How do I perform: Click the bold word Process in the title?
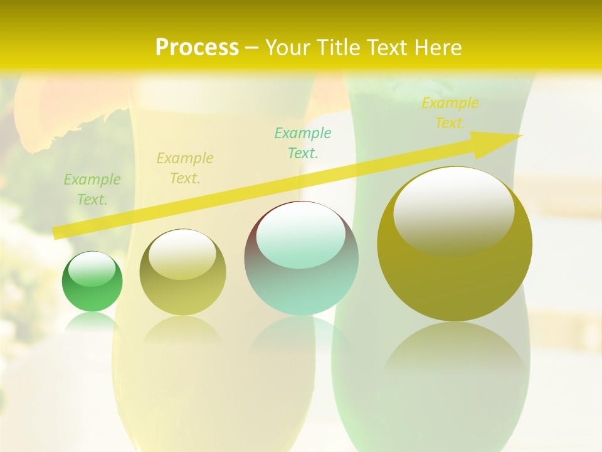[197, 48]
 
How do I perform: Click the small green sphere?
[92, 282]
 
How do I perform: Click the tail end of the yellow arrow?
[56, 233]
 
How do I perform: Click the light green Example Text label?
[92, 190]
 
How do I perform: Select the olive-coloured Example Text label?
[184, 168]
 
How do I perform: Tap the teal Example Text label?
[303, 143]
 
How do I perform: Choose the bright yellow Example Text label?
[450, 113]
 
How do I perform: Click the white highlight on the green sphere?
[92, 269]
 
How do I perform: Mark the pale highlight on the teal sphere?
[301, 236]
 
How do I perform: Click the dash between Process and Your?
[252, 48]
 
